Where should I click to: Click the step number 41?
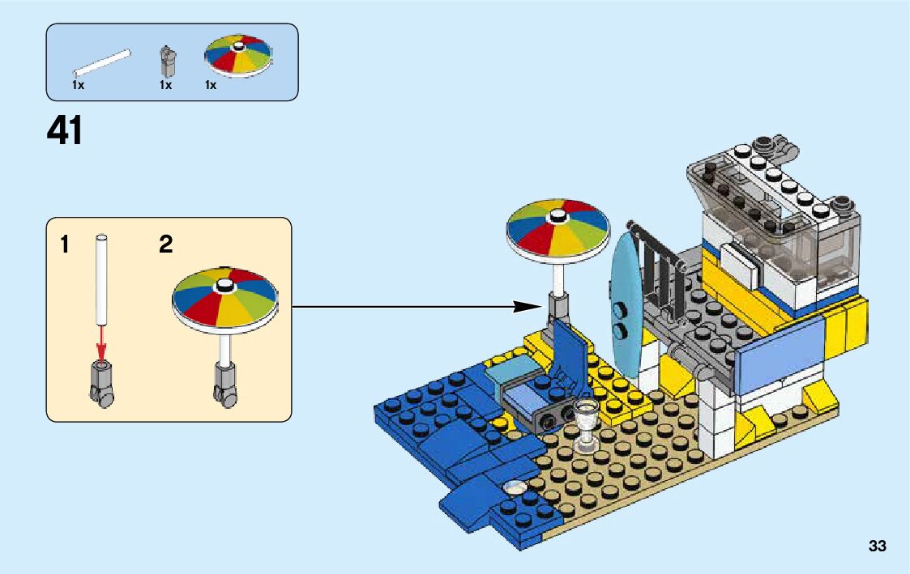(65, 130)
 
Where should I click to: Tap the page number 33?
(877, 546)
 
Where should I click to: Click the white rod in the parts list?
(102, 63)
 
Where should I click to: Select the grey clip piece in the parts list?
(167, 60)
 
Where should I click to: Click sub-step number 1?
(64, 244)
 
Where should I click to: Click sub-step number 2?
(165, 244)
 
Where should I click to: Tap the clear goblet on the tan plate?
(585, 422)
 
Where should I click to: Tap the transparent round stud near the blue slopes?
(515, 488)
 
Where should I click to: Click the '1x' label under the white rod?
(78, 84)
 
